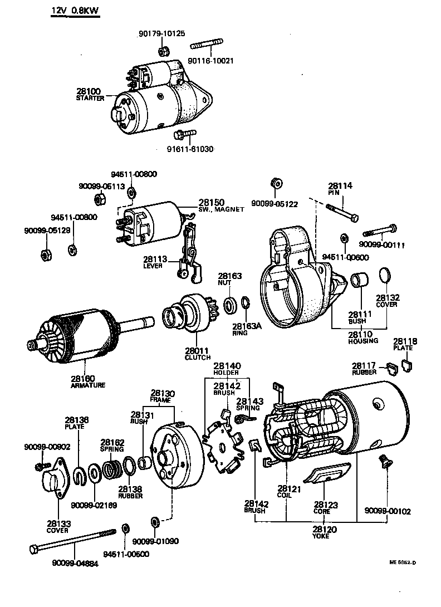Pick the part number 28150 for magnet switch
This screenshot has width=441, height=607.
pyautogui.click(x=210, y=202)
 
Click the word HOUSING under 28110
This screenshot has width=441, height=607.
pyautogui.click(x=362, y=340)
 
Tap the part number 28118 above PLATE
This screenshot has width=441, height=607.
pyautogui.click(x=404, y=341)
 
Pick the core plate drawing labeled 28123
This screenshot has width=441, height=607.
pyautogui.click(x=328, y=475)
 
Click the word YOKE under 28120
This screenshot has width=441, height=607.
pyautogui.click(x=321, y=536)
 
